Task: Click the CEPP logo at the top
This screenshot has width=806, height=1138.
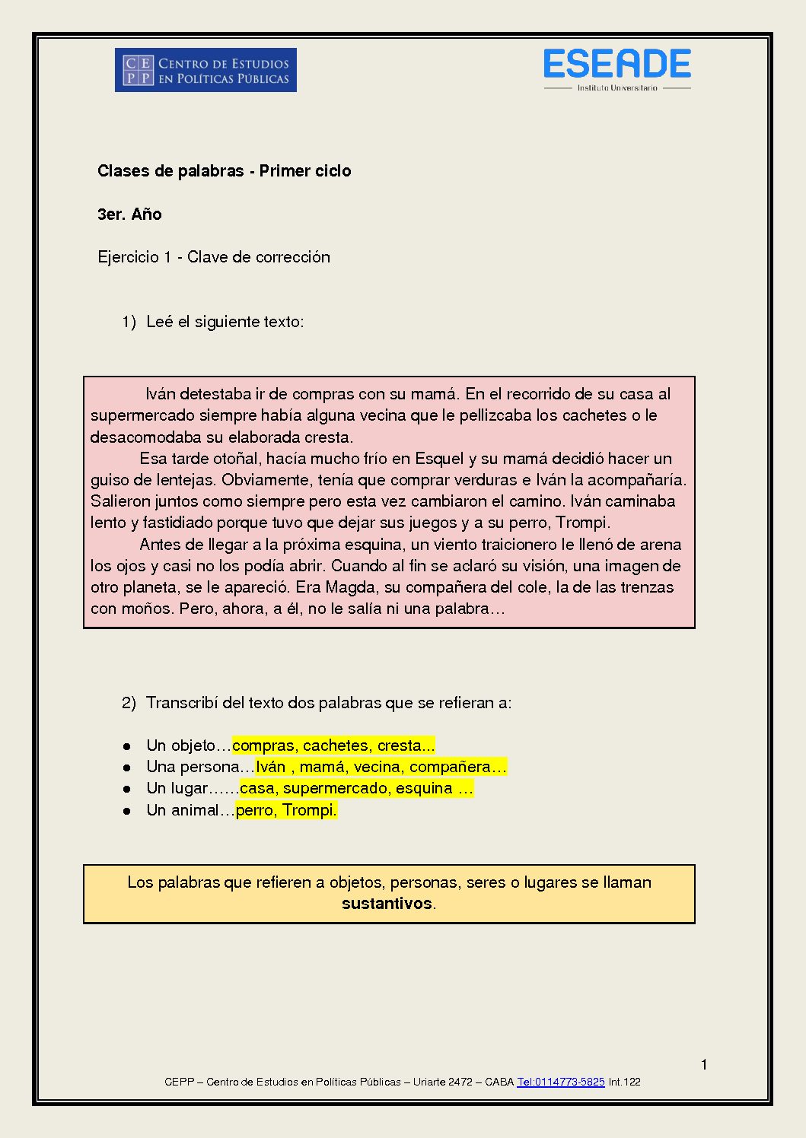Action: point(205,70)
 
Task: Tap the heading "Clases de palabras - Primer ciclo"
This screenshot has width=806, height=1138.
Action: point(224,171)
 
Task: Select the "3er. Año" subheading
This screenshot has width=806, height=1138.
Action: point(129,215)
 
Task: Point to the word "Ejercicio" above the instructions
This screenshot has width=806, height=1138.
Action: point(128,257)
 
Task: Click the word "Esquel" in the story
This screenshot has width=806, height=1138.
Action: point(439,459)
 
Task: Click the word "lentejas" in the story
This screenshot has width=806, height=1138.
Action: point(186,480)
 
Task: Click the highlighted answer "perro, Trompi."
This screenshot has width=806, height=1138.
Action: point(286,810)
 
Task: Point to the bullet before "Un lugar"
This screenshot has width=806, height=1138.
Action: point(127,789)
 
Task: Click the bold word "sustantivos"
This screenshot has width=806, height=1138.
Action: point(387,904)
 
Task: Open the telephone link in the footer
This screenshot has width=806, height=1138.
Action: point(560,1082)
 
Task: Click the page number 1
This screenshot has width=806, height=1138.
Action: point(704,1064)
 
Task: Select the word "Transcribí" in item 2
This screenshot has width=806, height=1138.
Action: point(182,703)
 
